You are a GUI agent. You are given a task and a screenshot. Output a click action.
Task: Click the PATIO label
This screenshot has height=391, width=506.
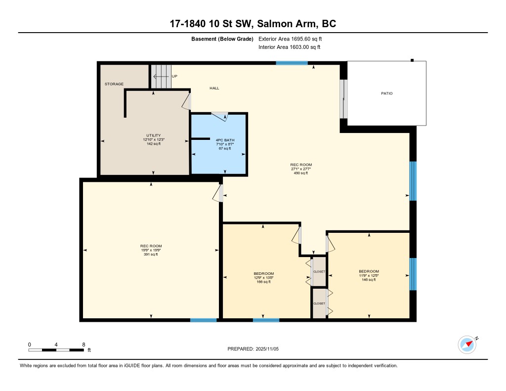click(x=386, y=93)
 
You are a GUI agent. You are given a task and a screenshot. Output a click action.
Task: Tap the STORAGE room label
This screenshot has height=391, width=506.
click(x=114, y=84)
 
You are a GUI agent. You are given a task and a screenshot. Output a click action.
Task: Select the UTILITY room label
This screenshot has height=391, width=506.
click(x=154, y=135)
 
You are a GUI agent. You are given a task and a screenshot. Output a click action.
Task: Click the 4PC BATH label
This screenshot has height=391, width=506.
click(x=225, y=140)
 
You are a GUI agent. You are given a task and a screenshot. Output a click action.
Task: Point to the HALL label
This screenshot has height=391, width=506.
click(x=214, y=88)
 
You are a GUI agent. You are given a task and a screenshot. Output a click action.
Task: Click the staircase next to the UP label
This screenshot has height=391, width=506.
click(x=161, y=77)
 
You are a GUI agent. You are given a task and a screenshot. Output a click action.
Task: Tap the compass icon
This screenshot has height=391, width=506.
click(x=467, y=345)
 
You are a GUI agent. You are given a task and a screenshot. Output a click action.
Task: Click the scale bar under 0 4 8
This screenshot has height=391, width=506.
click(x=56, y=350)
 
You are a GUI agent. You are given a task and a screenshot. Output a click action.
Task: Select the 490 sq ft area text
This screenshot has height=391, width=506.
click(x=301, y=173)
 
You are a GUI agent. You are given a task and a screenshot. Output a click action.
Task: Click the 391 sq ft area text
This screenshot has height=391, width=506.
click(x=151, y=255)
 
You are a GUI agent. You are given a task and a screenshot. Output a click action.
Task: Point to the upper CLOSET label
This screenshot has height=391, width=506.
click(x=319, y=271)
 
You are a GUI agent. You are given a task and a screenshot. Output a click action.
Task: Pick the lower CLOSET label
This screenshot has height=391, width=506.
click(x=319, y=304)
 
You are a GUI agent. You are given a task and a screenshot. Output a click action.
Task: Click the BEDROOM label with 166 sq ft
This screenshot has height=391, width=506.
click(x=264, y=273)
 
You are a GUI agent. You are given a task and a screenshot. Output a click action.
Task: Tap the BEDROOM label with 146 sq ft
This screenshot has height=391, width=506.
click(x=369, y=271)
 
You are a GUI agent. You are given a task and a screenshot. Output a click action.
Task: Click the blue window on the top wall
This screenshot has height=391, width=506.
click(x=292, y=63)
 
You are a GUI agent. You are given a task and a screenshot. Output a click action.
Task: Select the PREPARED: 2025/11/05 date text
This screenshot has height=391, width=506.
click(x=253, y=349)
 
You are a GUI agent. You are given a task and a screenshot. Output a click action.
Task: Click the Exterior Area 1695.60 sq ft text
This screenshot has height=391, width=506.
click(x=290, y=39)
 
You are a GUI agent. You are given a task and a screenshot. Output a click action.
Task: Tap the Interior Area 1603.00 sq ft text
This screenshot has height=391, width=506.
click(x=290, y=47)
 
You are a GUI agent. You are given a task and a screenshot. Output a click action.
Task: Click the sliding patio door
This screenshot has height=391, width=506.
click(x=344, y=99)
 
